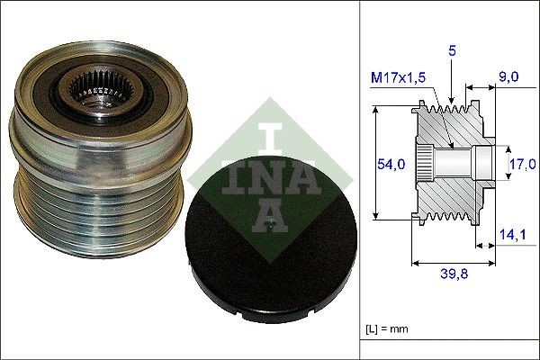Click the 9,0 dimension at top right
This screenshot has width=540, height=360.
509,77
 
